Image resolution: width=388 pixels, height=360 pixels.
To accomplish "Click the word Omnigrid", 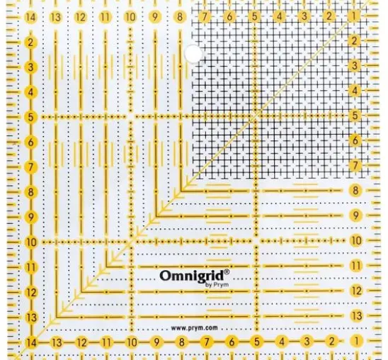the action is coord(192,276).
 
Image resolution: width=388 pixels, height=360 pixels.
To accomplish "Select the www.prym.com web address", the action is coord(195,328).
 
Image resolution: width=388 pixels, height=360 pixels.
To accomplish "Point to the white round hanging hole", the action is coord(193,53).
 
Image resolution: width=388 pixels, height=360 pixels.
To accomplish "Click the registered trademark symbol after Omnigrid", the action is coord(227,272).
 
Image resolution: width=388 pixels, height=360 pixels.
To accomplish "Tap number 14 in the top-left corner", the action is coord(30,17).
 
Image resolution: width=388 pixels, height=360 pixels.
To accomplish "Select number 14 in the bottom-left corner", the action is coord(31,343).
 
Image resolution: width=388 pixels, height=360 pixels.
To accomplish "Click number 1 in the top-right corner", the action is coord(354,16).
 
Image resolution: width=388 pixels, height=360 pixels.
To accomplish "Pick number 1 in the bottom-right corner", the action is coord(357,341).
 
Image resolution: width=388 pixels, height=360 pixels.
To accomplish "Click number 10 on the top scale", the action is coord(130,17).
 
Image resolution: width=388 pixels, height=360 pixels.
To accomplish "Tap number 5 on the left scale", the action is coord(30,117).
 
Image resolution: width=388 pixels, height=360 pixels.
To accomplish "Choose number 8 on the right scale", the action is coord(355,191).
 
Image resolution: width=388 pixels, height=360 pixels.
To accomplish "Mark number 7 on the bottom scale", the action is coord(207,342).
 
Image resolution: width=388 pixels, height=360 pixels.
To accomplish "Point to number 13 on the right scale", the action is coord(357,315).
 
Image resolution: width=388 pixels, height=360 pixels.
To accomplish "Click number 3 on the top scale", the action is coord(304,16).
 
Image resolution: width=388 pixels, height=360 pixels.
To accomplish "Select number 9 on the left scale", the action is coord(30,217).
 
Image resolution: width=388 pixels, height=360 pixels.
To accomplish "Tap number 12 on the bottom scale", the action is coord(81,343).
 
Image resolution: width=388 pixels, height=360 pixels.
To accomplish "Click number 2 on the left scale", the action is coord(30,43).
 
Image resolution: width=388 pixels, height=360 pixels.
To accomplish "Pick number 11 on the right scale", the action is coord(356,266).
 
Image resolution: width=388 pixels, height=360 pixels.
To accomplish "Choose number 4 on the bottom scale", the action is coord(282,342).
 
